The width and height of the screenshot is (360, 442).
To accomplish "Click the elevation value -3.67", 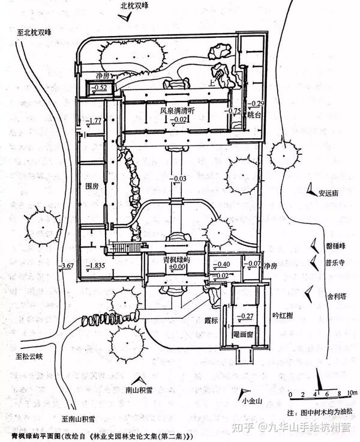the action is point(67,265).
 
